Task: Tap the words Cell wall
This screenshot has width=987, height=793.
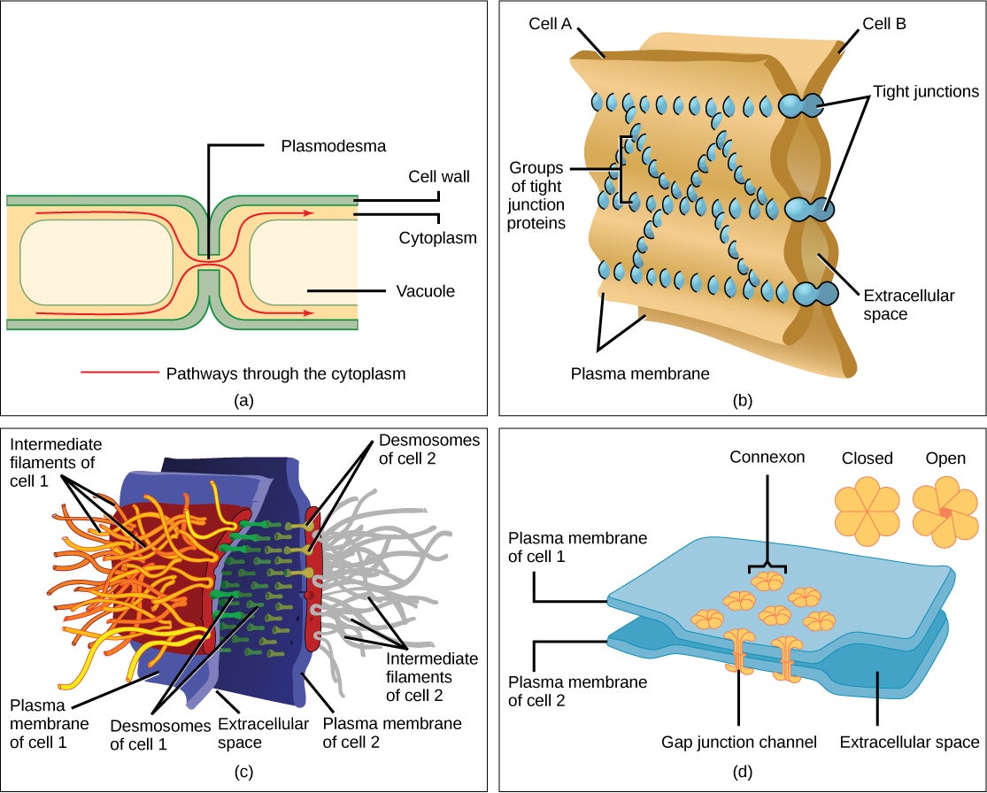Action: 438,177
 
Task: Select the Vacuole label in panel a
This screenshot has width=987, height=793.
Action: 424,290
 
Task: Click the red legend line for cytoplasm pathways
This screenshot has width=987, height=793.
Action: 119,373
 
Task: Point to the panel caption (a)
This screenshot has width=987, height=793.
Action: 243,401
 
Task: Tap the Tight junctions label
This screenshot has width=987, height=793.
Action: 925,91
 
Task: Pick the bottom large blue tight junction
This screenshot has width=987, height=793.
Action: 814,294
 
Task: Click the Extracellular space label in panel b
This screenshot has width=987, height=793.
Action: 910,304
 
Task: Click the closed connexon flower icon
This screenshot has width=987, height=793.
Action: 867,512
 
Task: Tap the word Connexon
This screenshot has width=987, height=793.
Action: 767,458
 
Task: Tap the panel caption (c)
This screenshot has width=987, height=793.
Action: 245,772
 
